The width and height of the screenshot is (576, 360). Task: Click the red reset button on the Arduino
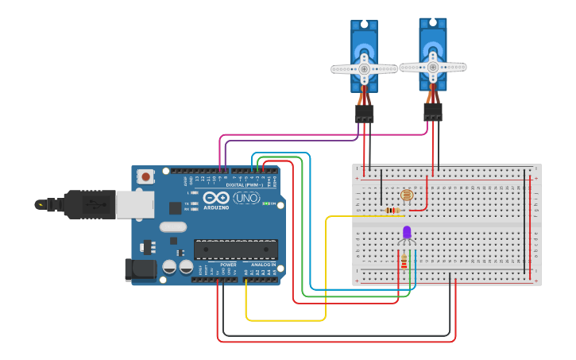(146, 176)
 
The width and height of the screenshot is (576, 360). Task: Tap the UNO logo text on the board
(246, 197)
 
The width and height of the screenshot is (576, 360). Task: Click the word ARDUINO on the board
(216, 207)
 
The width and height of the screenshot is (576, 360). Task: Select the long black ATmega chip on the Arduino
(236, 249)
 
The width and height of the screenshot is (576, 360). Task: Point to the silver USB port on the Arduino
(134, 204)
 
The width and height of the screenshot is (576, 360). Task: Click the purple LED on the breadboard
(407, 232)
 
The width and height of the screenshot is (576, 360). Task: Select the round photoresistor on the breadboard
(406, 195)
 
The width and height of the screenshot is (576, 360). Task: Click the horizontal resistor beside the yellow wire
(392, 210)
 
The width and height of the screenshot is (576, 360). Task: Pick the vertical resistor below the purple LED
(404, 261)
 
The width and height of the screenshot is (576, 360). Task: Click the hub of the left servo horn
(365, 69)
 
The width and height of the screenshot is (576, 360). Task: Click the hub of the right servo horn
(433, 67)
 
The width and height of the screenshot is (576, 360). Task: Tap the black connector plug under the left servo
(364, 114)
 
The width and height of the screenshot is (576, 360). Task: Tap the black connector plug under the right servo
(432, 111)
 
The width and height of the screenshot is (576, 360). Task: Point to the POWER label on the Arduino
(228, 265)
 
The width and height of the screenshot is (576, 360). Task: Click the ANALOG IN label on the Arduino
(263, 265)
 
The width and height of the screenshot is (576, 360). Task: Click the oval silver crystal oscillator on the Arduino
(172, 226)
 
